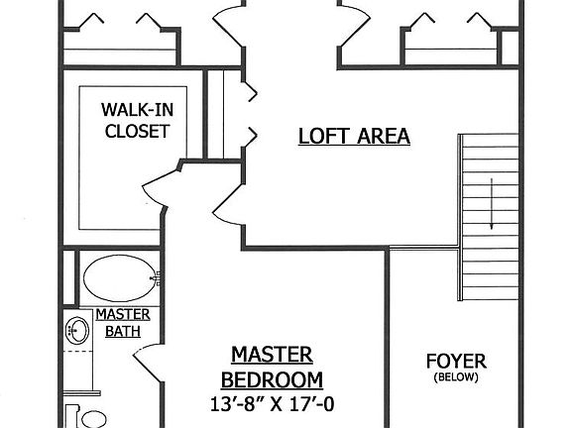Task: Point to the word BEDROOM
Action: pyautogui.click(x=271, y=379)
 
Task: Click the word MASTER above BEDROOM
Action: pyautogui.click(x=271, y=355)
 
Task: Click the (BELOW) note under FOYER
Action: pyautogui.click(x=455, y=377)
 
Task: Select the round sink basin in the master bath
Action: pyautogui.click(x=75, y=328)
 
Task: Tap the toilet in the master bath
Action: pyautogui.click(x=84, y=414)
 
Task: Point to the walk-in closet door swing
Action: pyautogui.click(x=161, y=186)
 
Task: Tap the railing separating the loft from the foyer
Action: pyautogui.click(x=423, y=247)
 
